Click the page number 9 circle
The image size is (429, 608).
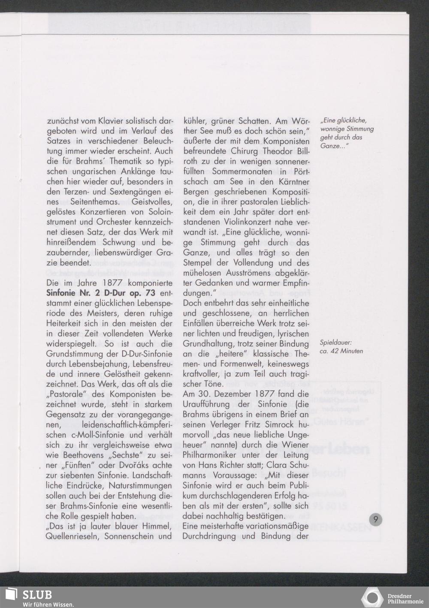[x=375, y=520]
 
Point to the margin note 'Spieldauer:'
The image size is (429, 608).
[x=336, y=343]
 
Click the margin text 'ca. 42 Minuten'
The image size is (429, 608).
[x=341, y=351]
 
